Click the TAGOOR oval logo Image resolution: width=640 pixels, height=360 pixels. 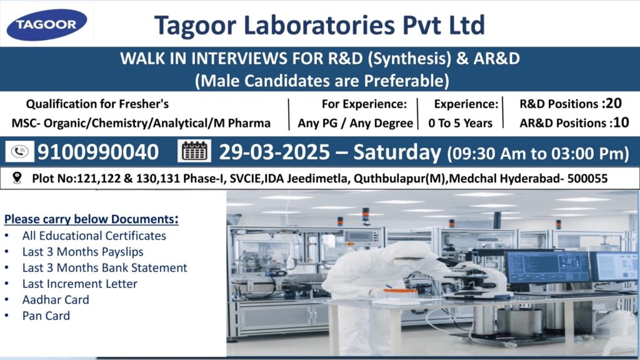click(x=46, y=24)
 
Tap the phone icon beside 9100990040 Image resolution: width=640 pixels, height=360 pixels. click(x=19, y=152)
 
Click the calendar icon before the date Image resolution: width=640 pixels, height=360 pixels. click(x=194, y=151)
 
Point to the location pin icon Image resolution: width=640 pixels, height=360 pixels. click(x=17, y=178)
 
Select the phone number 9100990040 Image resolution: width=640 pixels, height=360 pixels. click(x=98, y=152)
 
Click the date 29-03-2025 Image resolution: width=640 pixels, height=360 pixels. click(x=274, y=152)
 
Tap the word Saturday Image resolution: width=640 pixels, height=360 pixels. click(x=397, y=152)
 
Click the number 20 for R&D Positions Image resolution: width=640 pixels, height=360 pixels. click(x=614, y=103)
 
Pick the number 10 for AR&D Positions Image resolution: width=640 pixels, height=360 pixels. click(x=621, y=122)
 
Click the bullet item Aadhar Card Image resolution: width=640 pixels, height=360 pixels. click(x=56, y=299)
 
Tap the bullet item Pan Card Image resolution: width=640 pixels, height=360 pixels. click(x=46, y=316)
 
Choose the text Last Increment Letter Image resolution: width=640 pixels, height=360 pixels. click(x=79, y=284)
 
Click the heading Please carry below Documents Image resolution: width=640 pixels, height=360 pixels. click(x=91, y=219)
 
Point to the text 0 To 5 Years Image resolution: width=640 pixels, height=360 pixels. click(x=461, y=123)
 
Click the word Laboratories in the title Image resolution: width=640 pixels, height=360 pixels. click(x=319, y=25)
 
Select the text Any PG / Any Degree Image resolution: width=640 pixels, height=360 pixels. click(x=355, y=123)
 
